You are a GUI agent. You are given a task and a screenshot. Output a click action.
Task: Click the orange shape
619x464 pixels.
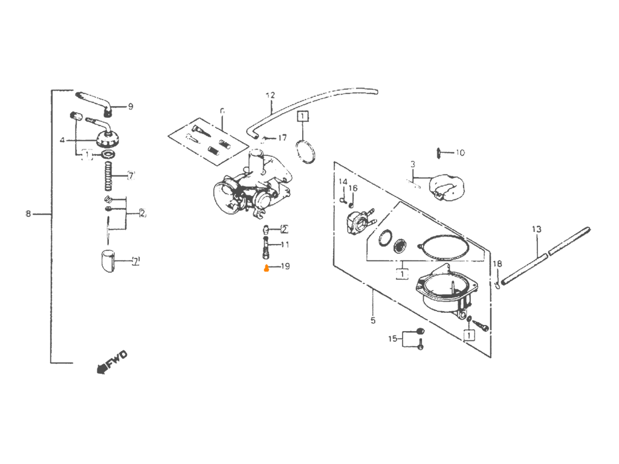(242, 302)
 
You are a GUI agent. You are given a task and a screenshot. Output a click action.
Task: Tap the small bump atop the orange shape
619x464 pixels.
(265, 263)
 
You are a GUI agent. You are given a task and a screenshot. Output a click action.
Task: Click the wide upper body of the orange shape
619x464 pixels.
(236, 290)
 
